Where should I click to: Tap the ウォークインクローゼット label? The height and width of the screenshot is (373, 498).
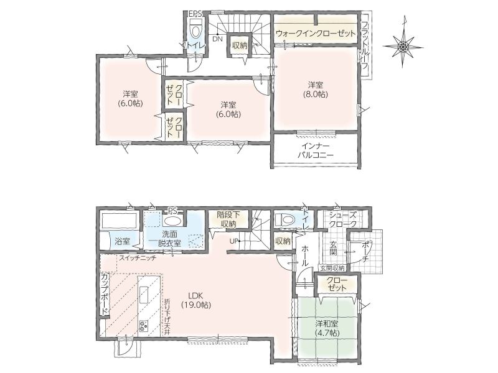(x=316, y=34)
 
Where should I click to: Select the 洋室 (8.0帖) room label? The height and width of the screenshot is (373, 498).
(x=316, y=90)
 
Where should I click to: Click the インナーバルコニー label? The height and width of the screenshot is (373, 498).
(x=316, y=150)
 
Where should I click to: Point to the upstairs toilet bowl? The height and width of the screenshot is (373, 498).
(x=195, y=29)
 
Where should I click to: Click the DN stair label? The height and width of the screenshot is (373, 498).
(x=217, y=39)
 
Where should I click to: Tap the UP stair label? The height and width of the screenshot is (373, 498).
(x=233, y=241)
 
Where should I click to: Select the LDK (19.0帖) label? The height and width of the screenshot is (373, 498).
(x=196, y=300)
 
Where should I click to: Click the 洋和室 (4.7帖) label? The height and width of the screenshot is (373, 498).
(x=327, y=328)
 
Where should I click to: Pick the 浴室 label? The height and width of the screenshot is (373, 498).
(x=122, y=241)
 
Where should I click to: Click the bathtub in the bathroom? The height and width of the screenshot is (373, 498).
(x=119, y=221)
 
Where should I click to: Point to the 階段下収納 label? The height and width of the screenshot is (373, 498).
(x=228, y=219)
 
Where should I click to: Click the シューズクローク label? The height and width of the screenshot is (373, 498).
(x=343, y=219)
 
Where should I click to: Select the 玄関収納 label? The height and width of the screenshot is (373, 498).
(x=332, y=268)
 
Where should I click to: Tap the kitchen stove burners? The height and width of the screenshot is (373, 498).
(x=144, y=326)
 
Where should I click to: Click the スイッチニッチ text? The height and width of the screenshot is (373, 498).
(x=138, y=258)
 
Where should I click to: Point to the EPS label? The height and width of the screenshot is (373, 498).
(x=194, y=14)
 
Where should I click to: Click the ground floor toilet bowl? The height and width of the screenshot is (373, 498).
(x=284, y=219)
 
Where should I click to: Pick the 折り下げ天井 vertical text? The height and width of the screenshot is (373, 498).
(x=167, y=318)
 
